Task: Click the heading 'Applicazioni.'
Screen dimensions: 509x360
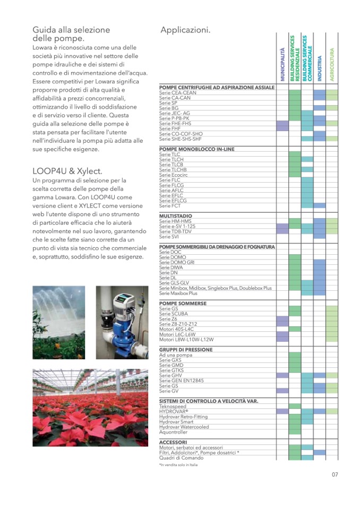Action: click(185, 30)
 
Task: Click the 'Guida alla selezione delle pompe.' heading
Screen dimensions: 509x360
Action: click(71, 34)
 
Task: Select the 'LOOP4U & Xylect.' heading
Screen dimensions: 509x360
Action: click(67, 171)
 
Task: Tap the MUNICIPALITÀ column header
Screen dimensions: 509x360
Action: click(282, 64)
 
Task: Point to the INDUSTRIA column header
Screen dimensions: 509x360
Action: click(320, 68)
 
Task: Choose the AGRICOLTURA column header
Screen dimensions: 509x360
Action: click(332, 64)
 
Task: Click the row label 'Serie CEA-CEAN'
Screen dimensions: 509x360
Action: click(177, 92)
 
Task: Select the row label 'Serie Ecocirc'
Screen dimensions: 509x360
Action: click(175, 175)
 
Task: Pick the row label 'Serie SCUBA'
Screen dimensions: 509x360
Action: click(174, 314)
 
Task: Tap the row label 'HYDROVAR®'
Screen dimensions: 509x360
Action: click(174, 411)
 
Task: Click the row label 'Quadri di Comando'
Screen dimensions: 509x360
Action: click(181, 458)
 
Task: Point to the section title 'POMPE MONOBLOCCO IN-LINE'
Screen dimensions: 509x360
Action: click(196, 149)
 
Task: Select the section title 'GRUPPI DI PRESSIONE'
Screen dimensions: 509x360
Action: click(186, 350)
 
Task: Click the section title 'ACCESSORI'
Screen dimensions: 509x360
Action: click(173, 442)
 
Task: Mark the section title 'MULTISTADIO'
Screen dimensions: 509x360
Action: click(176, 216)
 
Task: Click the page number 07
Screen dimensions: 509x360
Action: click(335, 475)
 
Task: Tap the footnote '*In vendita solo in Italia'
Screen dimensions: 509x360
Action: click(178, 465)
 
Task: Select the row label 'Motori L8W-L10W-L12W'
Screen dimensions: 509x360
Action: click(186, 339)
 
